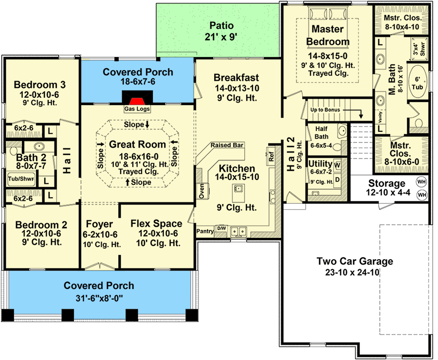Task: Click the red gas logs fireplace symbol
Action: coord(137,101)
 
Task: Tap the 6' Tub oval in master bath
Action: coord(418,81)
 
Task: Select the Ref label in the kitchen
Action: coord(271,156)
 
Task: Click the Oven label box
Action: coord(202,191)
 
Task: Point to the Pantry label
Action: coord(205,231)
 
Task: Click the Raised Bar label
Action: coord(227,145)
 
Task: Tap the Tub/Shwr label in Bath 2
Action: coord(21,179)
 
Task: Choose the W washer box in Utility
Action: coord(337,165)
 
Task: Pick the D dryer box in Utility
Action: coord(337,180)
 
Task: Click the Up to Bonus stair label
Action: coord(325,110)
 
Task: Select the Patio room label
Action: coord(221,31)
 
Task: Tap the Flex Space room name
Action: coord(156,223)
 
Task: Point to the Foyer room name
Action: coord(99,224)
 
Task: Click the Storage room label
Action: coord(387,183)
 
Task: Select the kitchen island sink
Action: coord(238,189)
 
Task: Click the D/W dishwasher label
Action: coord(221,228)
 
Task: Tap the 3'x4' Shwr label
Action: coord(419,49)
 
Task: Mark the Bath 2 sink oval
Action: coord(39,146)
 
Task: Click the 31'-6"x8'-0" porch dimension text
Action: coord(99,298)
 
